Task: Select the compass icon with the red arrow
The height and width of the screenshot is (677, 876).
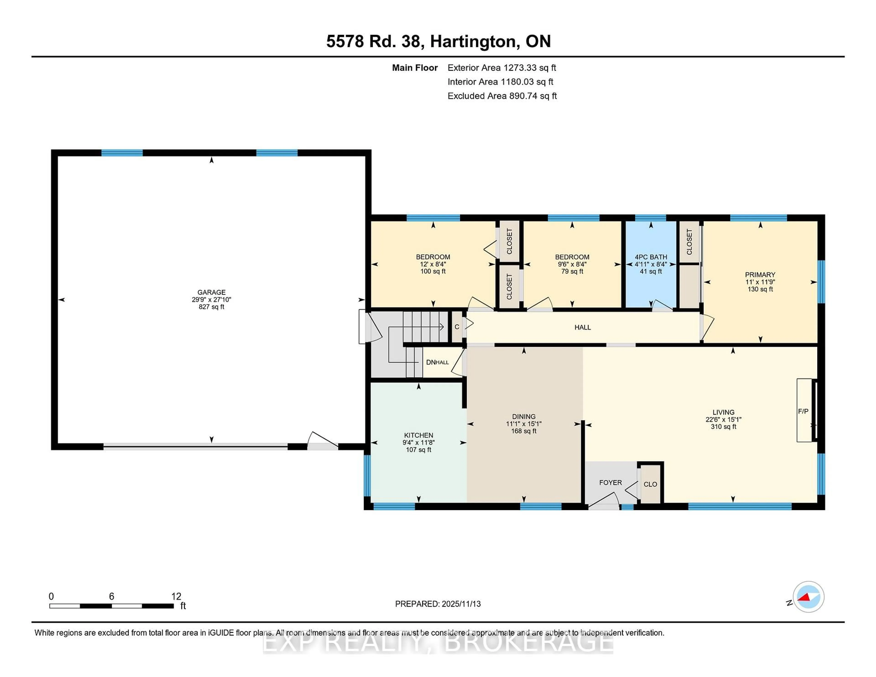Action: click(808, 597)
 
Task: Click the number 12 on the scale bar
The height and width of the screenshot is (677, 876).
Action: click(176, 596)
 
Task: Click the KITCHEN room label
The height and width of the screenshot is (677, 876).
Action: click(418, 435)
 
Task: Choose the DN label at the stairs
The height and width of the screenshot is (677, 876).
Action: click(431, 362)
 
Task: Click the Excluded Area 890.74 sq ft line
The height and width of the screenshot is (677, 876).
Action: click(502, 96)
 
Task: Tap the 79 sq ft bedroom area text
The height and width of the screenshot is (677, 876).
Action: click(572, 271)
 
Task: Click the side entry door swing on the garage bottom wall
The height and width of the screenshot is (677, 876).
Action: click(322, 441)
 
